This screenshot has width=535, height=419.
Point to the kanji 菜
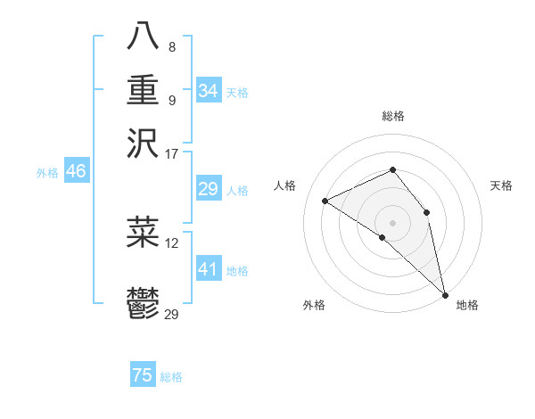point(143,232)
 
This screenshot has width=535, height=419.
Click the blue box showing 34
point(208,91)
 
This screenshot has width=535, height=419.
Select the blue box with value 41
point(208,269)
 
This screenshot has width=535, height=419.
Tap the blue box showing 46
point(76,172)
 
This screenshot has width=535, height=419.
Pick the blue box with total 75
point(143,375)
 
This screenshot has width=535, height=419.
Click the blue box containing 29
point(208,189)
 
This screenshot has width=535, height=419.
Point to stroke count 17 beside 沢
point(171,153)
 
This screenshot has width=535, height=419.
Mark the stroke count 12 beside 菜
point(171,242)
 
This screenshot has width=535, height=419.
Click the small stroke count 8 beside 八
point(171,46)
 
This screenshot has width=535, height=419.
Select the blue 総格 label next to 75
point(172,377)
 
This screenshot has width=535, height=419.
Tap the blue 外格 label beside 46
point(47,173)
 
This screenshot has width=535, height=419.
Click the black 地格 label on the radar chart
point(467,305)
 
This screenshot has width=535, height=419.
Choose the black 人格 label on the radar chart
point(285,185)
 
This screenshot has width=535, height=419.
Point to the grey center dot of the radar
point(392,222)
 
